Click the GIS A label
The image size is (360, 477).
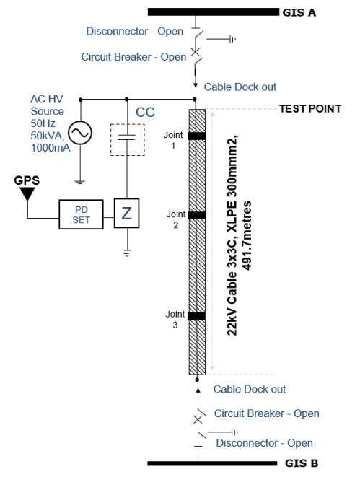coord(301,12)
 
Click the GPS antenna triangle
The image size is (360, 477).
coord(27,193)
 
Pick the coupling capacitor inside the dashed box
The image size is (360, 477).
coord(127,138)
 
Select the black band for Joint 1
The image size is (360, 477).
coord(197,136)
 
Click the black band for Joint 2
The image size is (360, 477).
coord(197,215)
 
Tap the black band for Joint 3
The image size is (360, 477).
coord(197,315)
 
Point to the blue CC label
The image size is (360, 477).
coord(146,113)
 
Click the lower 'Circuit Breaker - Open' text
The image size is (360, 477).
coord(266,413)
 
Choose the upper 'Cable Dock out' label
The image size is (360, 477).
coord(240,87)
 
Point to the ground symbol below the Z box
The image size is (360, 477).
coord(127,253)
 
